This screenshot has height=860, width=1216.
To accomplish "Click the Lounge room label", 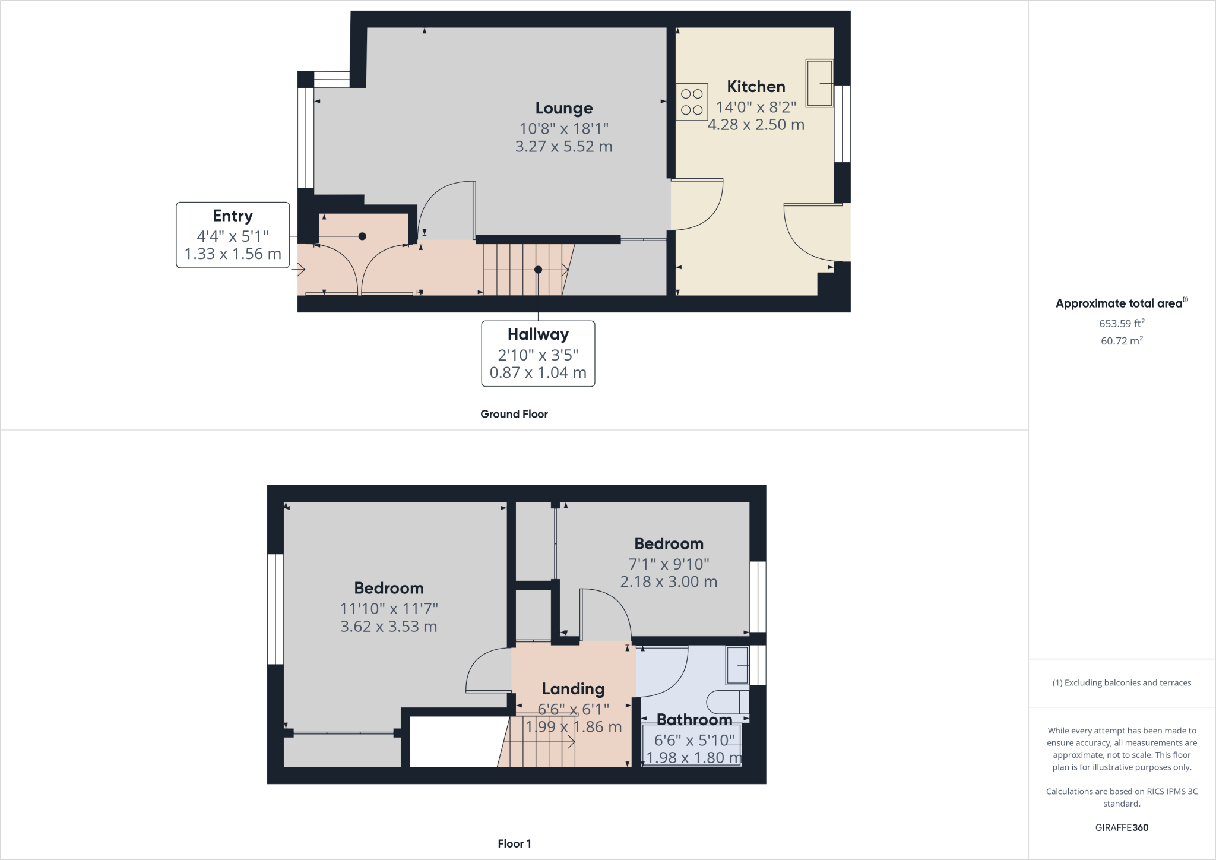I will tap(563, 108).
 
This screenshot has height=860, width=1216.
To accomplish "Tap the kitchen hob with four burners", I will tap(692, 102).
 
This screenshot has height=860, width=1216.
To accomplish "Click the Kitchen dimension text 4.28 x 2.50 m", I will tap(756, 125).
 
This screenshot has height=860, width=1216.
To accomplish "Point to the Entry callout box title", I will tap(233, 216).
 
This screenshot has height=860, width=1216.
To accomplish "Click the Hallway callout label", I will tap(538, 334).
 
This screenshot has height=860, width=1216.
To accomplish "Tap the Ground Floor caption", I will tap(514, 414).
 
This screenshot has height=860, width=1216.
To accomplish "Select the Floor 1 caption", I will tap(514, 843).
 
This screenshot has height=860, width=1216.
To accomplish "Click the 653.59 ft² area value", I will tap(1122, 324).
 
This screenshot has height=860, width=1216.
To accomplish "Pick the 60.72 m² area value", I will tap(1122, 341).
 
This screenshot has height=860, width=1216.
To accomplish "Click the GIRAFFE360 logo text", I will tap(1122, 827).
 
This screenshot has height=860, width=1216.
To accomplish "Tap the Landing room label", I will tap(573, 689).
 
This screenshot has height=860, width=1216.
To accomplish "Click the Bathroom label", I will tap(694, 719).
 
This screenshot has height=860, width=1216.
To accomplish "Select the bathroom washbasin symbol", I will tap(737, 665).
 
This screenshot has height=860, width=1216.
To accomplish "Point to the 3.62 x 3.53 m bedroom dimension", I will tap(388, 627).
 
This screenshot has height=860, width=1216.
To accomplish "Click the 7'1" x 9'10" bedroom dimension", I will tap(669, 564).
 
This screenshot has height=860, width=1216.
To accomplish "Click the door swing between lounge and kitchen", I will tap(698, 204).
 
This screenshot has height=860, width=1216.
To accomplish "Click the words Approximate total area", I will tap(1119, 303).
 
